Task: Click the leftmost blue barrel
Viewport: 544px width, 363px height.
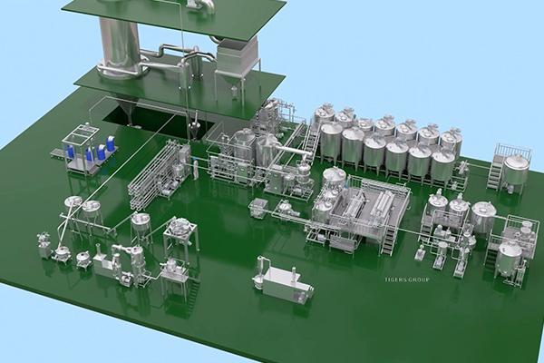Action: click(x=90, y=152)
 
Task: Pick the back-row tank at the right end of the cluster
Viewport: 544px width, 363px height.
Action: click(x=452, y=141)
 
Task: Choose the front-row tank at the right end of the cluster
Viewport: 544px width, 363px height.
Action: click(x=442, y=163)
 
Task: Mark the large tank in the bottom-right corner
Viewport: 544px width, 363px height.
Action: click(x=510, y=253)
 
